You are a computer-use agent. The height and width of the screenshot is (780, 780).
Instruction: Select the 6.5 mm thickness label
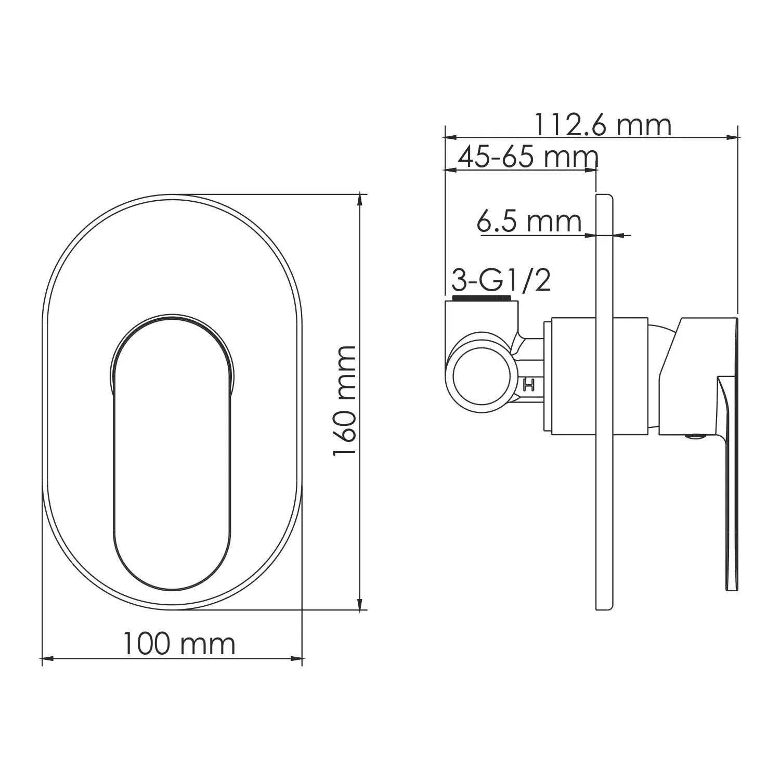529,222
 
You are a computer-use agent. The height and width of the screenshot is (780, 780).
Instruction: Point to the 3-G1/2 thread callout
501,281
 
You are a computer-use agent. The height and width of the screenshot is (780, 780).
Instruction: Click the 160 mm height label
344,401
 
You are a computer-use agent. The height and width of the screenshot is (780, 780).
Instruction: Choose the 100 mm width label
179,643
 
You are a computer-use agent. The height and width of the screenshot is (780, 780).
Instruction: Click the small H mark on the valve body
529,385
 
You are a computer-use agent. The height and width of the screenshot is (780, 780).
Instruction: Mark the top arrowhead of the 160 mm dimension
360,201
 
